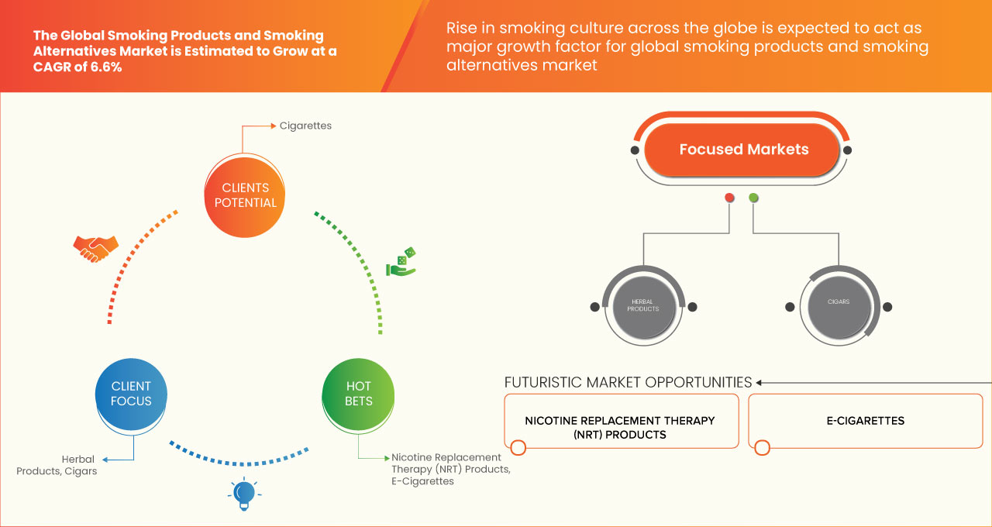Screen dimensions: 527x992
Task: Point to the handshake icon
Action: [x=95, y=248]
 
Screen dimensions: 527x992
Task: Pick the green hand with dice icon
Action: [x=401, y=263]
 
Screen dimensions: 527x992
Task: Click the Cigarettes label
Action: [x=305, y=126]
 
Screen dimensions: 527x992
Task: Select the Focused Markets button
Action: [x=743, y=150]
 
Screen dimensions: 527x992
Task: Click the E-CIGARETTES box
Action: [x=865, y=421]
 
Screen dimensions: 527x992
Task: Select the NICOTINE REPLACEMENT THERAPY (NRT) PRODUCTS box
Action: [x=620, y=427]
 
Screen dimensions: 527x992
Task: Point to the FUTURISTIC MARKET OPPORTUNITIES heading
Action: [x=629, y=382]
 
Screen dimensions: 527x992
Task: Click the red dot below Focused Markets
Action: [x=729, y=198]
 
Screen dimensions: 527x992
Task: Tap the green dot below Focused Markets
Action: [x=753, y=198]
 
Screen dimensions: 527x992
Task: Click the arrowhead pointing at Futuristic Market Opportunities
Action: [x=759, y=382]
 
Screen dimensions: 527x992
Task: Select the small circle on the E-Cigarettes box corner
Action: [x=762, y=447]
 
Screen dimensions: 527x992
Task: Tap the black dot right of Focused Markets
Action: [x=848, y=150]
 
